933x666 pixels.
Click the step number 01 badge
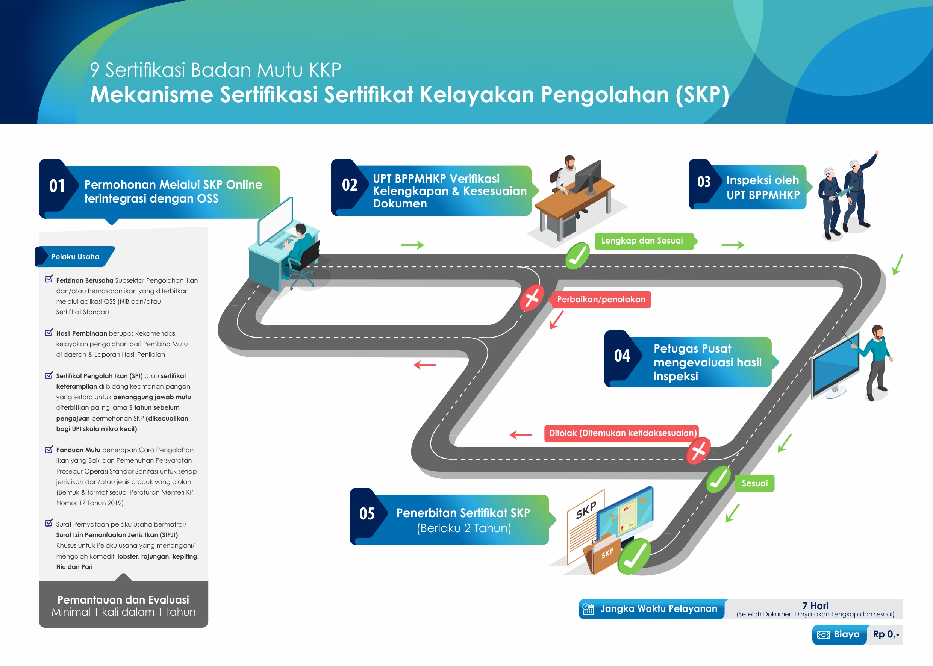(x=57, y=186)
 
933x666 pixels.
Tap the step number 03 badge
(x=704, y=182)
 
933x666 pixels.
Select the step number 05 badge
(x=367, y=514)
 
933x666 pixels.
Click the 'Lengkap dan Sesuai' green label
(x=642, y=241)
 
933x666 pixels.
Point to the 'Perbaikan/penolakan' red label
(x=601, y=300)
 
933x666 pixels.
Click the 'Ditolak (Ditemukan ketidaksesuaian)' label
(x=622, y=433)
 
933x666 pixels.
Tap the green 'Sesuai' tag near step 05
(x=754, y=483)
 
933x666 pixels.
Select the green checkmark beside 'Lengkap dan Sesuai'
(x=577, y=256)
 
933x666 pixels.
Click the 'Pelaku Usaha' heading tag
(x=75, y=257)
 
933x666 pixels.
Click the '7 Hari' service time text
(x=815, y=606)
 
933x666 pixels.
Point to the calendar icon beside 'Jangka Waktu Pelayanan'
(x=588, y=609)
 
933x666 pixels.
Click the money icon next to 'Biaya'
(x=823, y=635)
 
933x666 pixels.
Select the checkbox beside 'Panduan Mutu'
(x=49, y=450)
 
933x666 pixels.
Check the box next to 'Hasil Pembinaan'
(x=49, y=333)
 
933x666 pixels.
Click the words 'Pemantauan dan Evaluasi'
(x=123, y=599)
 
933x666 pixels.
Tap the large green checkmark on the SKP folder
(x=634, y=557)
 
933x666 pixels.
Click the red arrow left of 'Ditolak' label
(x=521, y=435)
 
